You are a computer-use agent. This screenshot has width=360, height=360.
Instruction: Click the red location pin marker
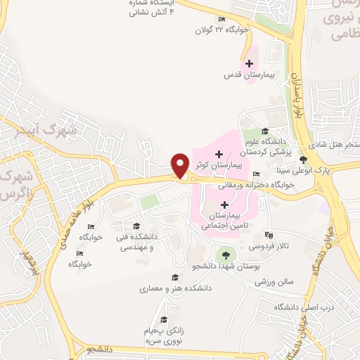pyautogui.click(x=180, y=165)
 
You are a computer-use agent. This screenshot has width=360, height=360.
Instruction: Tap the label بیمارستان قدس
pyautogui.click(x=247, y=74)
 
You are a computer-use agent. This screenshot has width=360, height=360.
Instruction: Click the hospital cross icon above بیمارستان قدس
pyautogui.click(x=247, y=64)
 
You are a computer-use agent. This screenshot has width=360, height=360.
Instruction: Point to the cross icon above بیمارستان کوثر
pyautogui.click(x=219, y=153)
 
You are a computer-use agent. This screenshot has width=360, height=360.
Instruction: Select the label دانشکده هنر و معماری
pyautogui.click(x=172, y=288)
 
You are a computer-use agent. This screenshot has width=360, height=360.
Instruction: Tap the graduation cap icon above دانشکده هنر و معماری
pyautogui.click(x=174, y=278)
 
